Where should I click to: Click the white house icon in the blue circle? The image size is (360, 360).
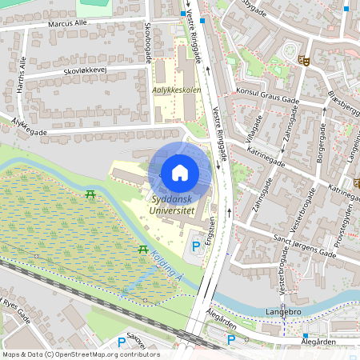click(179, 172)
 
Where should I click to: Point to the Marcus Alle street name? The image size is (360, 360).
click(67, 24)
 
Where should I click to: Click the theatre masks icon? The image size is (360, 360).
click(302, 59)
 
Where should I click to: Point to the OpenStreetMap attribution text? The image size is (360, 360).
click(80, 354)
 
